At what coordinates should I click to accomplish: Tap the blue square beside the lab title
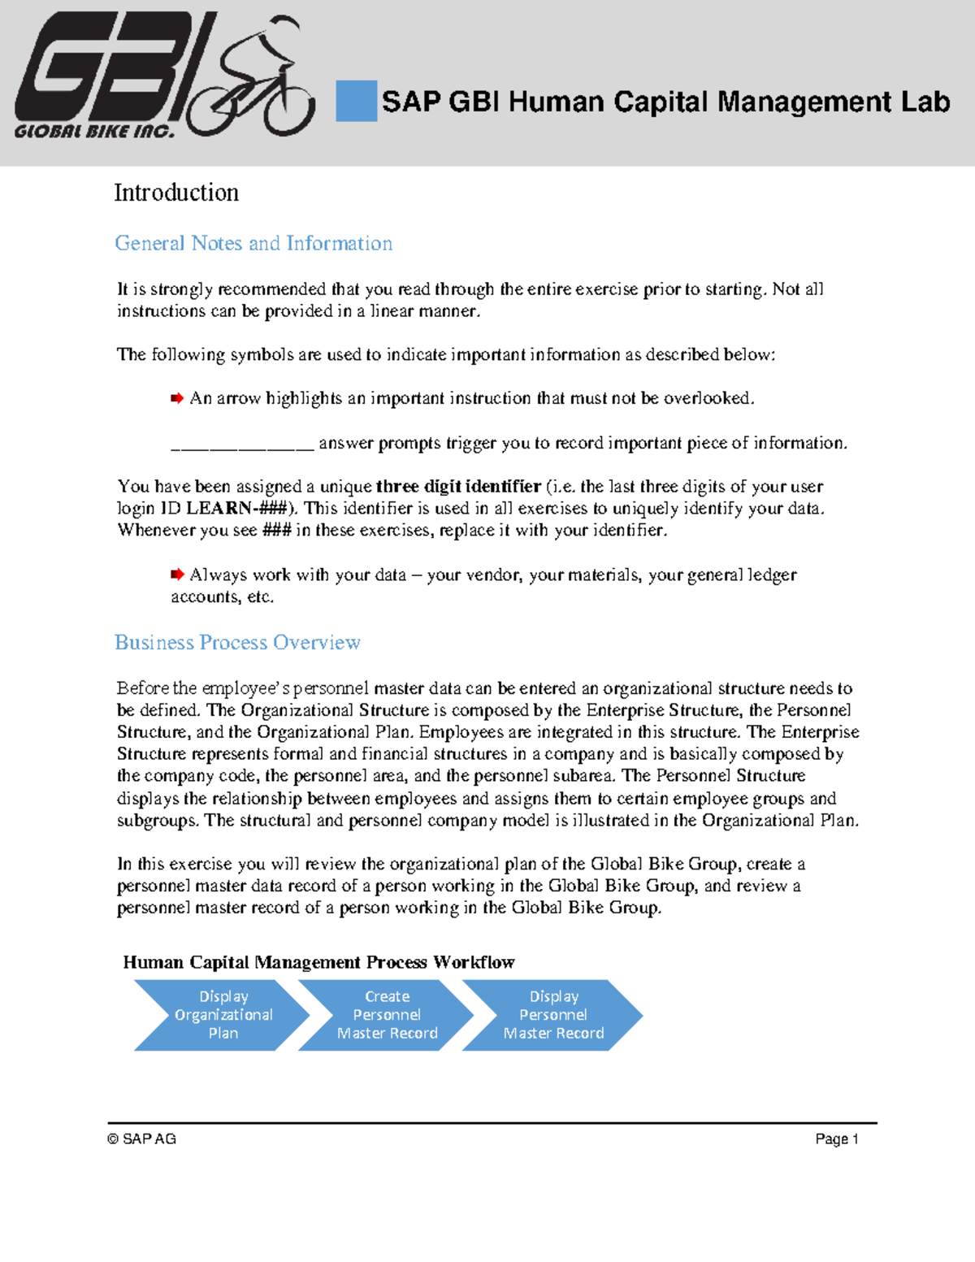(356, 102)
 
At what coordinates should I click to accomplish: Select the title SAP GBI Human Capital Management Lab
(665, 102)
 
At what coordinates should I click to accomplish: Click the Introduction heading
(176, 193)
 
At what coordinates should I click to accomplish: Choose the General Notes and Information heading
(253, 243)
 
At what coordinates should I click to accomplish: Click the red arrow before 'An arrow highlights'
(176, 398)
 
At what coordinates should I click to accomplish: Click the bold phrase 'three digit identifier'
(458, 486)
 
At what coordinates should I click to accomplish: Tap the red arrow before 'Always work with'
(176, 575)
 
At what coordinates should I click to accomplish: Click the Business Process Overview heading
(237, 642)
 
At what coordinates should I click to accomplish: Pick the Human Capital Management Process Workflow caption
(318, 962)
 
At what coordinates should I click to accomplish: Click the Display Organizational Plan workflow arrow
(221, 1015)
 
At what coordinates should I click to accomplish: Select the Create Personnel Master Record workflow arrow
(387, 1015)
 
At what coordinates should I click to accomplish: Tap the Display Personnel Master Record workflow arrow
(553, 1015)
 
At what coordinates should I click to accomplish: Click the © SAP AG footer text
(141, 1139)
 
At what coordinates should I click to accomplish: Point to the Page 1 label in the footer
(837, 1139)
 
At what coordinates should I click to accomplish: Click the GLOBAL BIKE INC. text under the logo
(94, 132)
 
